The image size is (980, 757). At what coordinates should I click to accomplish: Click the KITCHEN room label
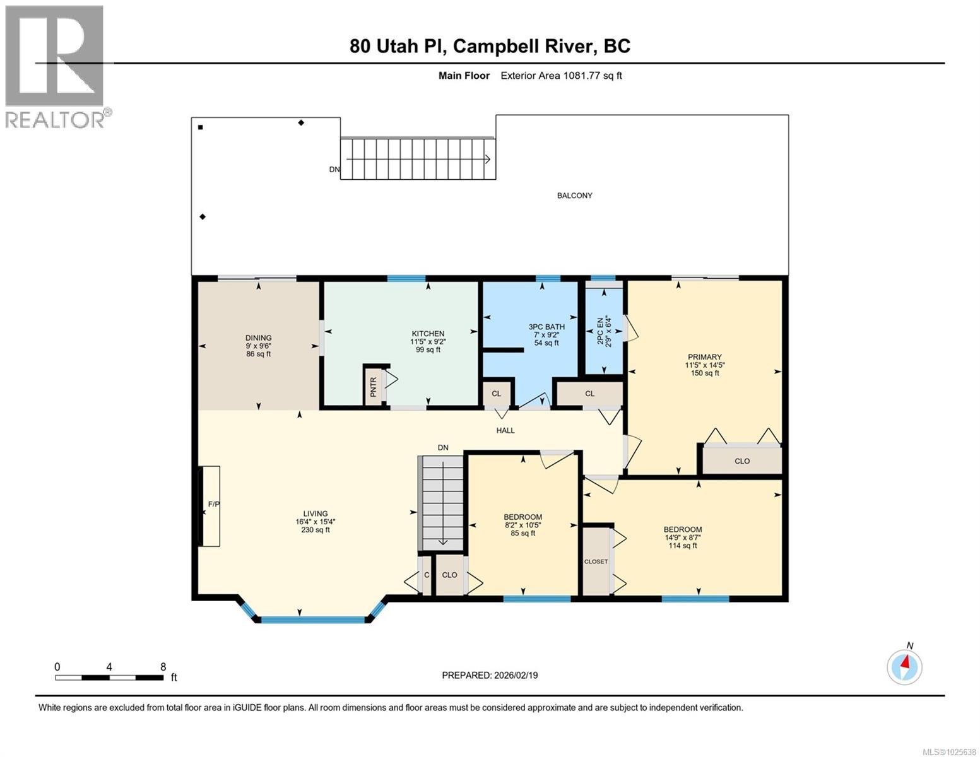pyautogui.click(x=428, y=334)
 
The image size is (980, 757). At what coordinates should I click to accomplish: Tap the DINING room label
pyautogui.click(x=258, y=338)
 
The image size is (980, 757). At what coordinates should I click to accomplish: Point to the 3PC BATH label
pyautogui.click(x=546, y=327)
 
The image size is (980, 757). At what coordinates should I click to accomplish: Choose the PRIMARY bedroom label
pyautogui.click(x=704, y=357)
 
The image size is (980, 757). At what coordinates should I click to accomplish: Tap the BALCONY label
pyautogui.click(x=574, y=196)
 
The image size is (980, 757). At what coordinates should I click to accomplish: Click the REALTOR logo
pyautogui.click(x=56, y=66)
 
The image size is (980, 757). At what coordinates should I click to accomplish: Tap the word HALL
pyautogui.click(x=505, y=430)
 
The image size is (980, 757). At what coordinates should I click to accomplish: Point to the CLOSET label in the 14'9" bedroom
pyautogui.click(x=596, y=561)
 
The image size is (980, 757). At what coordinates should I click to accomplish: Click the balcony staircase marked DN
pyautogui.click(x=416, y=159)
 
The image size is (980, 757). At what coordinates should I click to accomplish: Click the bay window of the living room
pyautogui.click(x=312, y=618)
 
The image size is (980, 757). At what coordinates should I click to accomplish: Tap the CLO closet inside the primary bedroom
pyautogui.click(x=742, y=461)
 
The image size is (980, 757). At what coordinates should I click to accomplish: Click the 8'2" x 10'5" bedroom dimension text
pyautogui.click(x=522, y=525)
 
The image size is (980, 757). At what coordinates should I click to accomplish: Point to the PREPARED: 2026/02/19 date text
pyautogui.click(x=490, y=675)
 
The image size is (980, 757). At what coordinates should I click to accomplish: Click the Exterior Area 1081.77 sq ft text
pyautogui.click(x=561, y=76)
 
